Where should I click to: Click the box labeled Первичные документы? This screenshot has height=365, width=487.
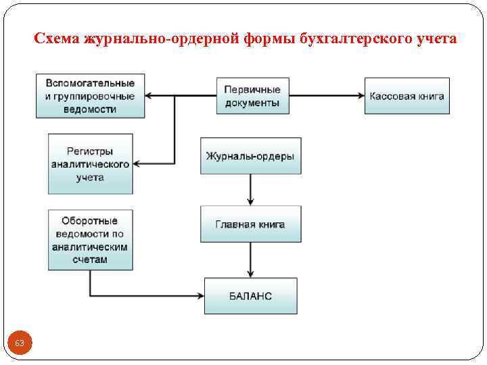[x=253, y=96]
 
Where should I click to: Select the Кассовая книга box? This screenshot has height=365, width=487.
[x=407, y=96]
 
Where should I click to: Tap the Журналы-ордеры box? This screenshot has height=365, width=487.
[x=250, y=155]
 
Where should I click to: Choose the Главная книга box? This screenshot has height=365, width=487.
[x=250, y=224]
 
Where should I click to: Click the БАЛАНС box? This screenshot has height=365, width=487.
[x=250, y=296]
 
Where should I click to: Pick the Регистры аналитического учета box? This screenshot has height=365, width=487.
[x=90, y=164]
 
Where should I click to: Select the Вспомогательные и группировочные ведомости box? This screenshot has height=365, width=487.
[x=90, y=96]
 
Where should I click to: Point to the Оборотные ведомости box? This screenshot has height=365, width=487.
[x=90, y=240]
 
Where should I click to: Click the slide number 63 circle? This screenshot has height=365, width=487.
[x=20, y=344]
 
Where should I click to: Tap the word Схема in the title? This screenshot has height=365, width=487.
[x=57, y=40]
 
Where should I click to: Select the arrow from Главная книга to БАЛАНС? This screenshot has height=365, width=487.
[x=250, y=260]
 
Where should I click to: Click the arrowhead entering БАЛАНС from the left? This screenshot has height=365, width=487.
[x=200, y=296]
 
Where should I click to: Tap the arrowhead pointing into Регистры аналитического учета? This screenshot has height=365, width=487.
[x=137, y=164]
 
